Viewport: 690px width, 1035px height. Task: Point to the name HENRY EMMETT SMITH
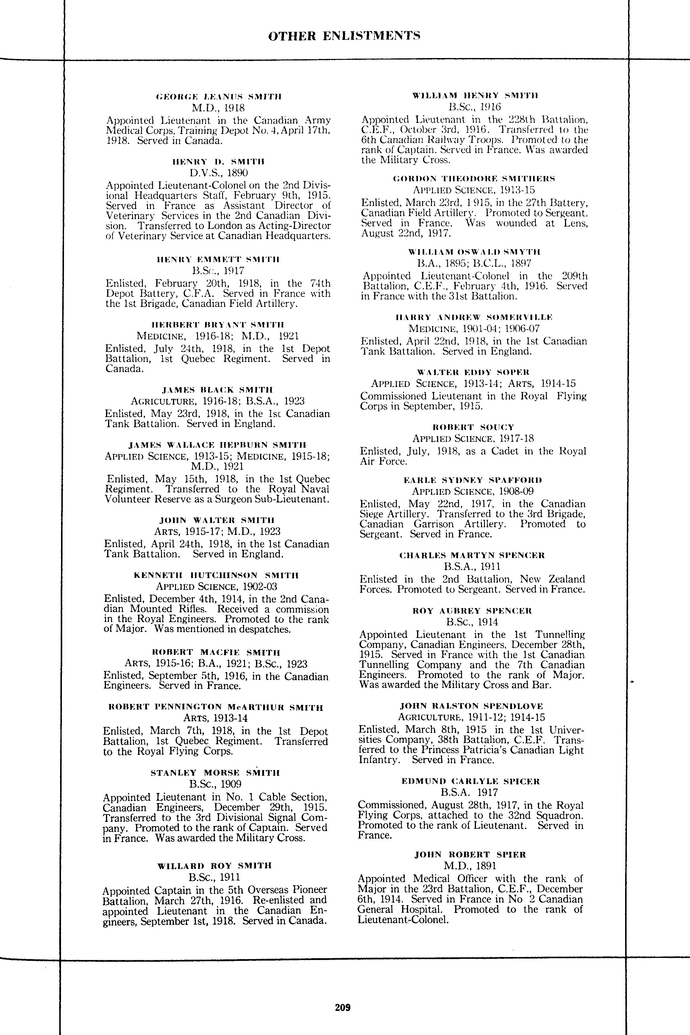point(218,259)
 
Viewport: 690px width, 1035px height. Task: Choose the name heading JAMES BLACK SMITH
point(218,390)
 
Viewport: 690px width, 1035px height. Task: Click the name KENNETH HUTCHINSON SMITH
point(216,575)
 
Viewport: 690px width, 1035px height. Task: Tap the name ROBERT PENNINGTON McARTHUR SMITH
point(216,708)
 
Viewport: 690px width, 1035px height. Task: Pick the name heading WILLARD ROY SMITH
point(215,866)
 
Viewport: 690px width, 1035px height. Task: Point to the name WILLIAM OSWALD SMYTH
point(474,252)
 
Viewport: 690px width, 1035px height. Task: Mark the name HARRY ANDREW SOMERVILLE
point(474,317)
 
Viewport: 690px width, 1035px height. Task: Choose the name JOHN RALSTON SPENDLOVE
point(472,706)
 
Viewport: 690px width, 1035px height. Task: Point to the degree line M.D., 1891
point(470,866)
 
